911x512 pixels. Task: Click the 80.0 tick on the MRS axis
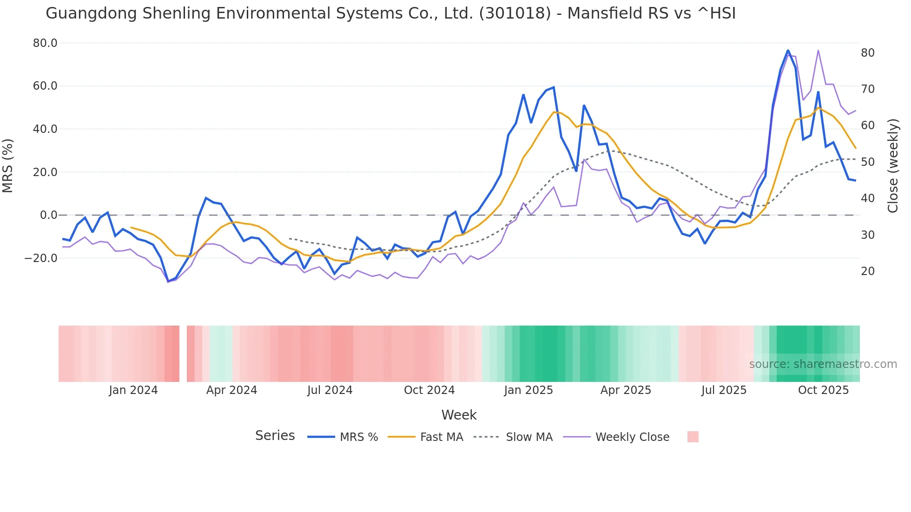click(45, 43)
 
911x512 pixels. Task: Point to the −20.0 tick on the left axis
click(41, 258)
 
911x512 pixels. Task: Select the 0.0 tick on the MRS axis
click(49, 215)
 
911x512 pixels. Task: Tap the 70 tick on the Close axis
click(868, 89)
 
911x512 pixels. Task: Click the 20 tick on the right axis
click(868, 271)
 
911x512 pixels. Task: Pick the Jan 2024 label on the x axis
click(133, 390)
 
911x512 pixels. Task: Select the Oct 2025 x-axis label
click(823, 390)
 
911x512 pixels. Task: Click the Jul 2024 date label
click(330, 390)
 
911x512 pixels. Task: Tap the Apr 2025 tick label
click(626, 390)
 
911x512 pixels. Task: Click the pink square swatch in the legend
click(693, 437)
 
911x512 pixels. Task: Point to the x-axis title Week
click(459, 415)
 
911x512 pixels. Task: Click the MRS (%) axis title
click(8, 165)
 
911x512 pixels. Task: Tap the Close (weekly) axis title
click(893, 165)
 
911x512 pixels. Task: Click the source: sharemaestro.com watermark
click(823, 364)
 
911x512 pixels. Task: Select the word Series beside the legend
click(275, 436)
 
